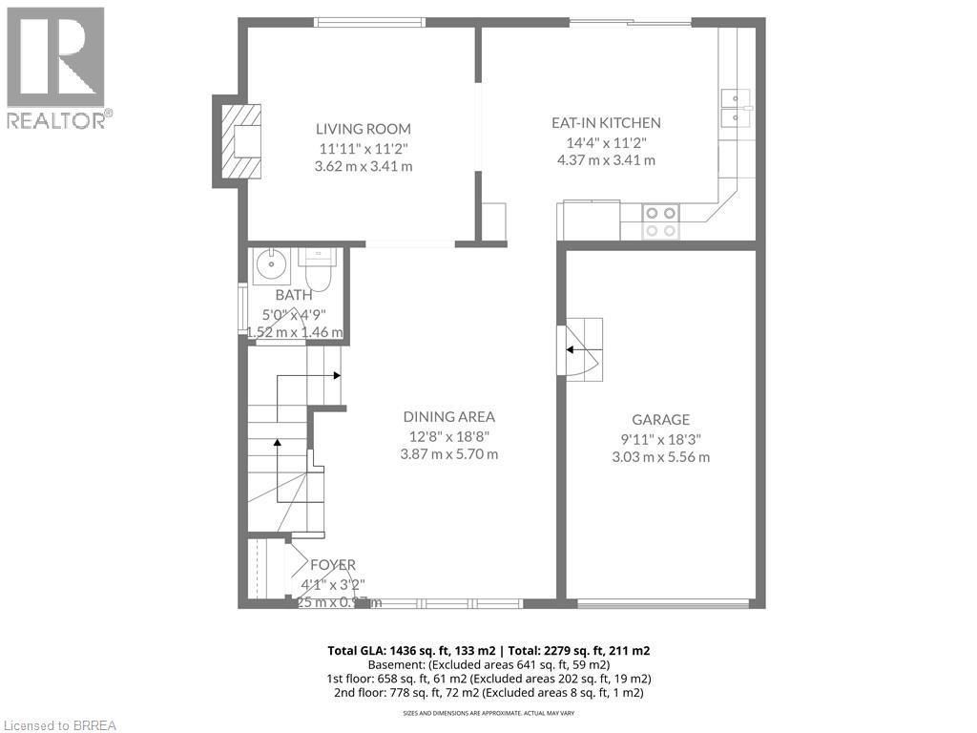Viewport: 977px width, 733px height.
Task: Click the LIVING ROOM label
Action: (364, 129)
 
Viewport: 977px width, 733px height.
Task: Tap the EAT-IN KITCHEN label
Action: (606, 123)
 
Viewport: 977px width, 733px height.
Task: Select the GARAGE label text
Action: (660, 420)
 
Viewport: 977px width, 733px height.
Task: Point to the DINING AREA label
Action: (448, 416)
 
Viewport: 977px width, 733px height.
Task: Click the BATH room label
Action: (293, 296)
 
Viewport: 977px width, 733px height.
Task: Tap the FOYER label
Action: (332, 565)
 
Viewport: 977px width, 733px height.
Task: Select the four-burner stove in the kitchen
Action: (660, 221)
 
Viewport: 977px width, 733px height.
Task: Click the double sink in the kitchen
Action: (736, 108)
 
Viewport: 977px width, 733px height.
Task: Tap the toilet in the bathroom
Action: (316, 270)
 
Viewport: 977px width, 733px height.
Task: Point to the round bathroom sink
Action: (273, 266)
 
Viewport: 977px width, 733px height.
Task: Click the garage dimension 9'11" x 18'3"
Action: (660, 439)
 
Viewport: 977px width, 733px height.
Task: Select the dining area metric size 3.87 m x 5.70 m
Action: (448, 454)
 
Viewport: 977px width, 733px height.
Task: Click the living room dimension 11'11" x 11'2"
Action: (364, 148)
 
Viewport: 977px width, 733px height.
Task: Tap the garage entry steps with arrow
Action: (581, 349)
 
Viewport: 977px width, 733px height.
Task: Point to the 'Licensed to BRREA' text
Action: (59, 724)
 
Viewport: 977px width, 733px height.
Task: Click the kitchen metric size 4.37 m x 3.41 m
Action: (606, 160)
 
